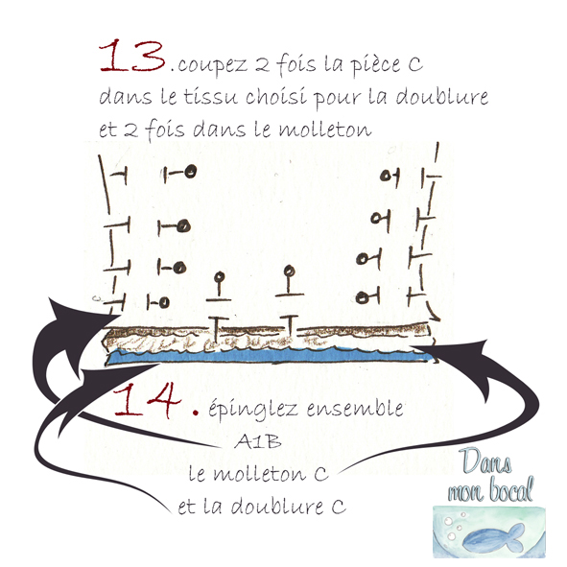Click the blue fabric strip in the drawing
269,357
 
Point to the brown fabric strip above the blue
269,336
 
